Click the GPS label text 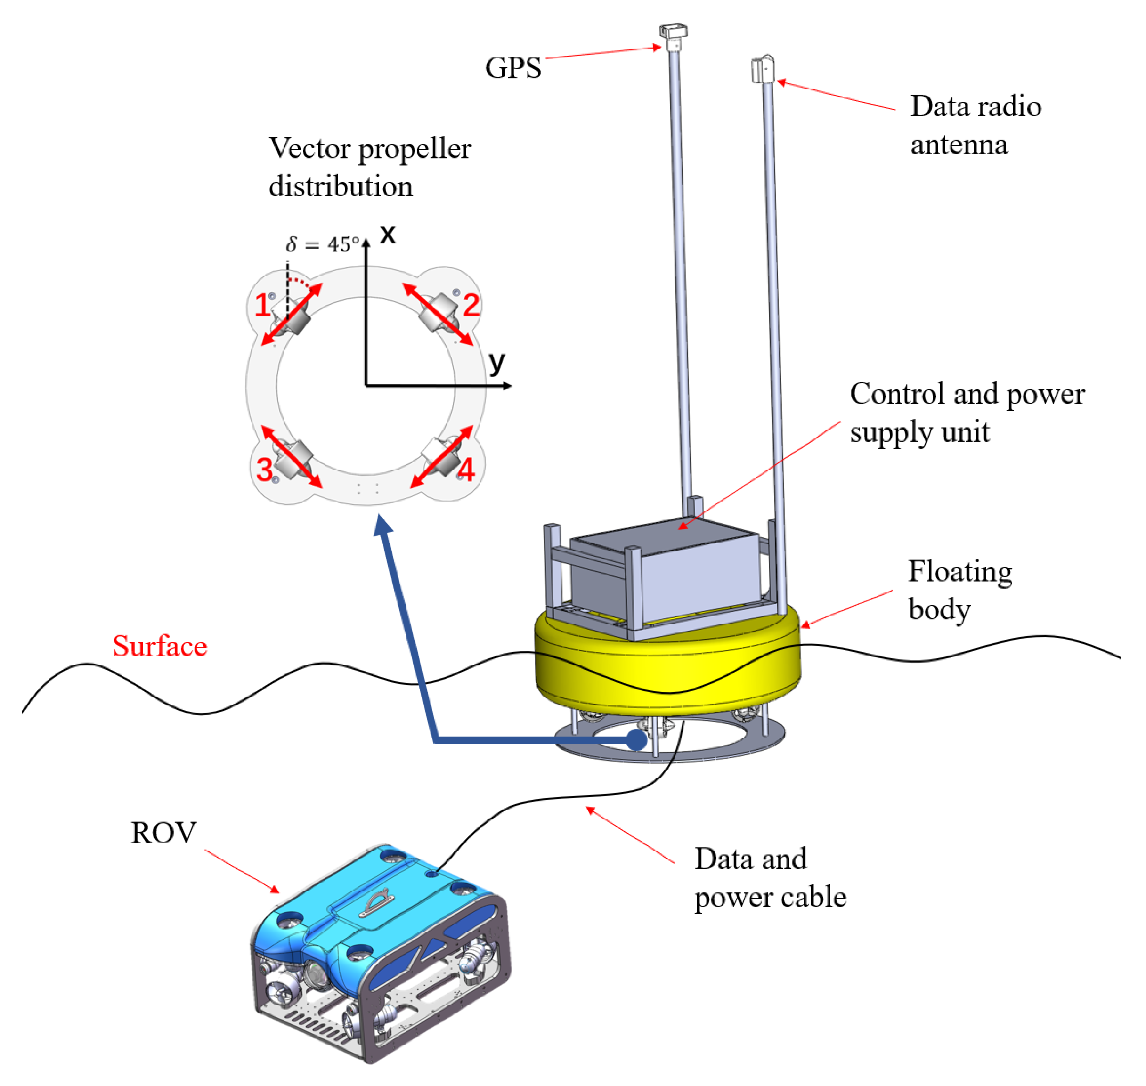[x=512, y=68]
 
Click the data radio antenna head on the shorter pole [x=763, y=70]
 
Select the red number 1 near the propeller [x=262, y=305]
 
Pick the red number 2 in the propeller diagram [x=471, y=305]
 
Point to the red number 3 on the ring [x=265, y=470]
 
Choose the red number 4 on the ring [x=466, y=470]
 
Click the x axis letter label [x=387, y=235]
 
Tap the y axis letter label [x=496, y=364]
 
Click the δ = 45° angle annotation [x=322, y=244]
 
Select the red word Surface [x=160, y=646]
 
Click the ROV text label [x=163, y=833]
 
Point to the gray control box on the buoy [x=666, y=573]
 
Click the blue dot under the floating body [x=636, y=740]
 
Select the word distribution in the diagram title [x=341, y=186]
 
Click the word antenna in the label [x=959, y=145]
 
